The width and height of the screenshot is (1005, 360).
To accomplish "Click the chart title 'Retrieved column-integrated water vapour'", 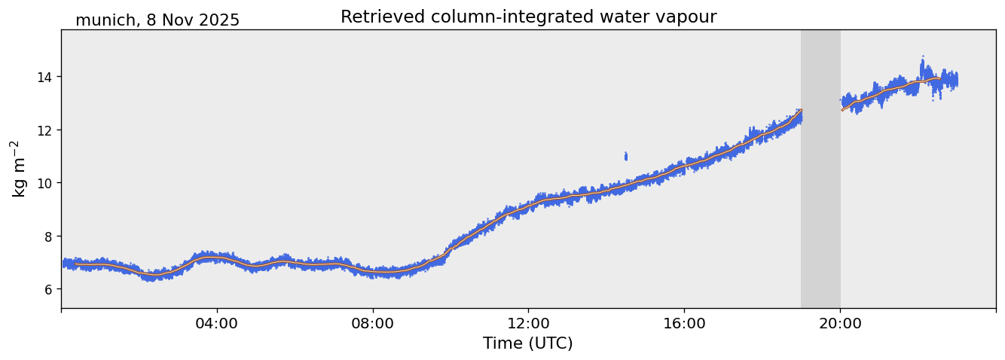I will tap(528, 17).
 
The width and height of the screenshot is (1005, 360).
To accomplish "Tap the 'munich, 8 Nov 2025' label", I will tap(157, 20).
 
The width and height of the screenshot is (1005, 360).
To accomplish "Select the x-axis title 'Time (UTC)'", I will tap(527, 343).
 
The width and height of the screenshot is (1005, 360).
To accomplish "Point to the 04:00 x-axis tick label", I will tap(217, 324).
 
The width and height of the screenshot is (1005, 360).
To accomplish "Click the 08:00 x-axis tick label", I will tap(373, 324).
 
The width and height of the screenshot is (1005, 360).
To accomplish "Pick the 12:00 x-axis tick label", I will tap(528, 324).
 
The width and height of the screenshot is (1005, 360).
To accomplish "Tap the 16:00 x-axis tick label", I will tap(684, 324).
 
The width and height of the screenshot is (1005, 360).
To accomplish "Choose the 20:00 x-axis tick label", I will tap(840, 324).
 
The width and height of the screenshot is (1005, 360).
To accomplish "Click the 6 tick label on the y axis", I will tap(50, 289).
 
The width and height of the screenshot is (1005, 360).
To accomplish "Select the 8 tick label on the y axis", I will tap(50, 236).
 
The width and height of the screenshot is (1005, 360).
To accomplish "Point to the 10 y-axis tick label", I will tap(47, 183).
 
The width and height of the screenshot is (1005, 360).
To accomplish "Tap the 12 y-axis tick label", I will tap(47, 130).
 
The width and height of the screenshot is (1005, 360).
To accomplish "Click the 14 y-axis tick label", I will tap(47, 77).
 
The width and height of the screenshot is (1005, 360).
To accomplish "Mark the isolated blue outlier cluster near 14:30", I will tap(625, 156).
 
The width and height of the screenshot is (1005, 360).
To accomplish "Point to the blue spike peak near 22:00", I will tap(922, 59).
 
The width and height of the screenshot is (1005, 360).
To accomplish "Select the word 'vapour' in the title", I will tap(685, 17).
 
